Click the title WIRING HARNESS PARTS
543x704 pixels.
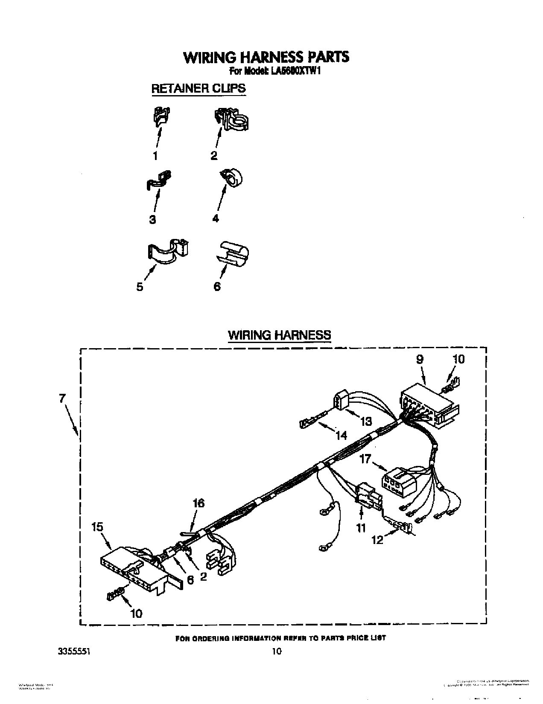tap(266, 57)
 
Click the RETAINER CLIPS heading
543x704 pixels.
tap(199, 88)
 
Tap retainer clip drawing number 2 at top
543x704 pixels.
tap(231, 119)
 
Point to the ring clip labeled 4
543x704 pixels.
tap(231, 178)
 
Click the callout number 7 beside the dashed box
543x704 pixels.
tap(62, 399)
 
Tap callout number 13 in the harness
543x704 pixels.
tap(366, 422)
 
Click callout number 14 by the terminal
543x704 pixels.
tap(341, 435)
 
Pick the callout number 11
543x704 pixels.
tap(361, 528)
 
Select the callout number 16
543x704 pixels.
tap(199, 503)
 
